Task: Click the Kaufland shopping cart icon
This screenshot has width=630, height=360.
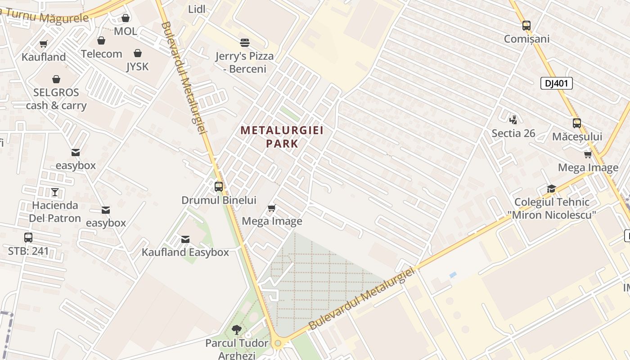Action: point(44,44)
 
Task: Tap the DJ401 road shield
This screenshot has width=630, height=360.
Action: point(556,83)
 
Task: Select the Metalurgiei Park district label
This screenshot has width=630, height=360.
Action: point(282,137)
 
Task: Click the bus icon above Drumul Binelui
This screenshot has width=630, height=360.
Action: point(219,186)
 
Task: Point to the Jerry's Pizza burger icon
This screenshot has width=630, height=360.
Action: point(245,43)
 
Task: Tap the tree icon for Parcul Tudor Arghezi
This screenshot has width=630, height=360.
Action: point(237,330)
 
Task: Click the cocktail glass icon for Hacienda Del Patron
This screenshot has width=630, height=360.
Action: point(55,192)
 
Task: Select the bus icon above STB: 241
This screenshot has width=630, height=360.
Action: point(28,238)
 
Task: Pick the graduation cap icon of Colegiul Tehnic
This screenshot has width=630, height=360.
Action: point(551,189)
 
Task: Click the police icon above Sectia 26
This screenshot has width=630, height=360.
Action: point(513,120)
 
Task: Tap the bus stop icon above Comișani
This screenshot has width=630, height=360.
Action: point(526,26)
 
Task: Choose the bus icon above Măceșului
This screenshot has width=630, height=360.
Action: point(577,123)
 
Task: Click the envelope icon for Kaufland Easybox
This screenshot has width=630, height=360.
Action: point(185,239)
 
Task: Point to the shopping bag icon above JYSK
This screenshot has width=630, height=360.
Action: point(138,53)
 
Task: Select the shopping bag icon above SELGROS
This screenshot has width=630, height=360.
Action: point(56,79)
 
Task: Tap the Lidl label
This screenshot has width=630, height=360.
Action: point(197,9)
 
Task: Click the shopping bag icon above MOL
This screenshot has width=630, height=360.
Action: point(126,18)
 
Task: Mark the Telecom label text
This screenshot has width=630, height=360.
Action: point(101,54)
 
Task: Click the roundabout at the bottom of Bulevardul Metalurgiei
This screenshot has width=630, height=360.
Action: point(278,344)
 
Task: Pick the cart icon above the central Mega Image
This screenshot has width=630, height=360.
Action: point(271,208)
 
